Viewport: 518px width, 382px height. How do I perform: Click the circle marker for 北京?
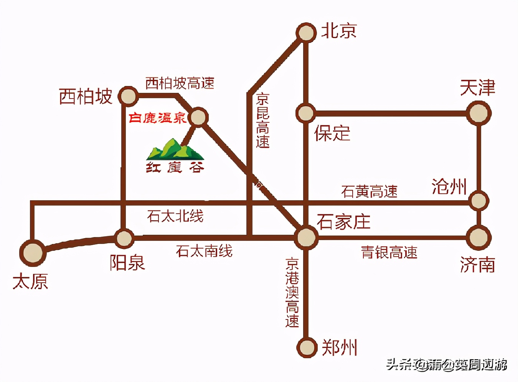[x=306, y=33]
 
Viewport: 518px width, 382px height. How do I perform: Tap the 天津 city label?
[x=477, y=88]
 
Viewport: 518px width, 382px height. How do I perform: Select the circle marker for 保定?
[x=305, y=113]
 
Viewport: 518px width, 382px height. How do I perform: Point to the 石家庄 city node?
[x=306, y=237]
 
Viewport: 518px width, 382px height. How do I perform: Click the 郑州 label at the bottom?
[x=339, y=348]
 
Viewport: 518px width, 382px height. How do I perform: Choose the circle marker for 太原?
[x=33, y=253]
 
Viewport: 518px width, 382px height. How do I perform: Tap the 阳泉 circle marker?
[x=124, y=238]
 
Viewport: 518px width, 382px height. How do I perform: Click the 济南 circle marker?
[x=478, y=237]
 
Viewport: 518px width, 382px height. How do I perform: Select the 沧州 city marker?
[x=478, y=201]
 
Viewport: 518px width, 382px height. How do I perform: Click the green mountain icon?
[x=175, y=150]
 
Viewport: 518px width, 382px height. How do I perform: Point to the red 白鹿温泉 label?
[x=157, y=118]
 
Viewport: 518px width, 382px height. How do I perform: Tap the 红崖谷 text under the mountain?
[x=175, y=168]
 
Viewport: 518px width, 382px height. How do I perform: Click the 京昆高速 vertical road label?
[x=263, y=120]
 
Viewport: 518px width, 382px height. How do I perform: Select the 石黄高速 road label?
[x=369, y=191]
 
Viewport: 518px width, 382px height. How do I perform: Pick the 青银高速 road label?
[x=389, y=253]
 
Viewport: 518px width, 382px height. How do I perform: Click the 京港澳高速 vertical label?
[x=292, y=293]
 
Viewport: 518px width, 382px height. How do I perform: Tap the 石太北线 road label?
[x=175, y=216]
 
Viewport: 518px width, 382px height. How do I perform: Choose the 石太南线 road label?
[x=204, y=251]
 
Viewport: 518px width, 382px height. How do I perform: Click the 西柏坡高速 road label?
[x=180, y=83]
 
